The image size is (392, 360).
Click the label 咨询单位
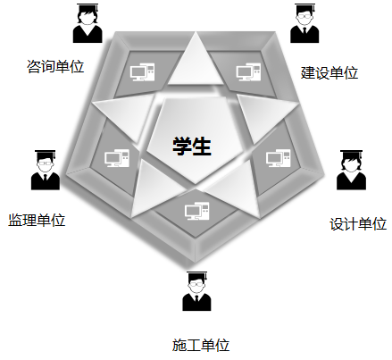click(x=55, y=66)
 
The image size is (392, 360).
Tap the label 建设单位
click(x=329, y=72)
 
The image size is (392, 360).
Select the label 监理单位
click(x=37, y=221)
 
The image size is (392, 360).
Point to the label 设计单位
click(x=358, y=224)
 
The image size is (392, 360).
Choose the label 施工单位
click(x=201, y=345)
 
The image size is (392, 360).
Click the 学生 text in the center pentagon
click(x=192, y=146)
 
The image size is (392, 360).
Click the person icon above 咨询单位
click(x=88, y=23)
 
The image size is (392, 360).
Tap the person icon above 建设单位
click(x=304, y=23)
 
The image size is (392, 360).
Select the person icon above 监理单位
click(x=46, y=170)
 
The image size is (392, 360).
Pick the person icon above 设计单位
click(x=351, y=170)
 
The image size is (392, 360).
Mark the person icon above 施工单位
click(x=196, y=291)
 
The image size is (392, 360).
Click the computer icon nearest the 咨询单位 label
click(x=143, y=71)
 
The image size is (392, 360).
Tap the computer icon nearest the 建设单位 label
click(x=248, y=71)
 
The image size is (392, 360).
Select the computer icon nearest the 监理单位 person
click(x=117, y=158)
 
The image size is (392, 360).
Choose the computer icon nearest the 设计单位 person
click(x=279, y=158)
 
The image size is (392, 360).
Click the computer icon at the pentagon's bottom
click(x=196, y=211)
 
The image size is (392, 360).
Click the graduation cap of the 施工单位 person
click(x=196, y=275)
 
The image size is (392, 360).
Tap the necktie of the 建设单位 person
click(x=304, y=31)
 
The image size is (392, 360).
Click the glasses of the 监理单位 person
click(x=46, y=163)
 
